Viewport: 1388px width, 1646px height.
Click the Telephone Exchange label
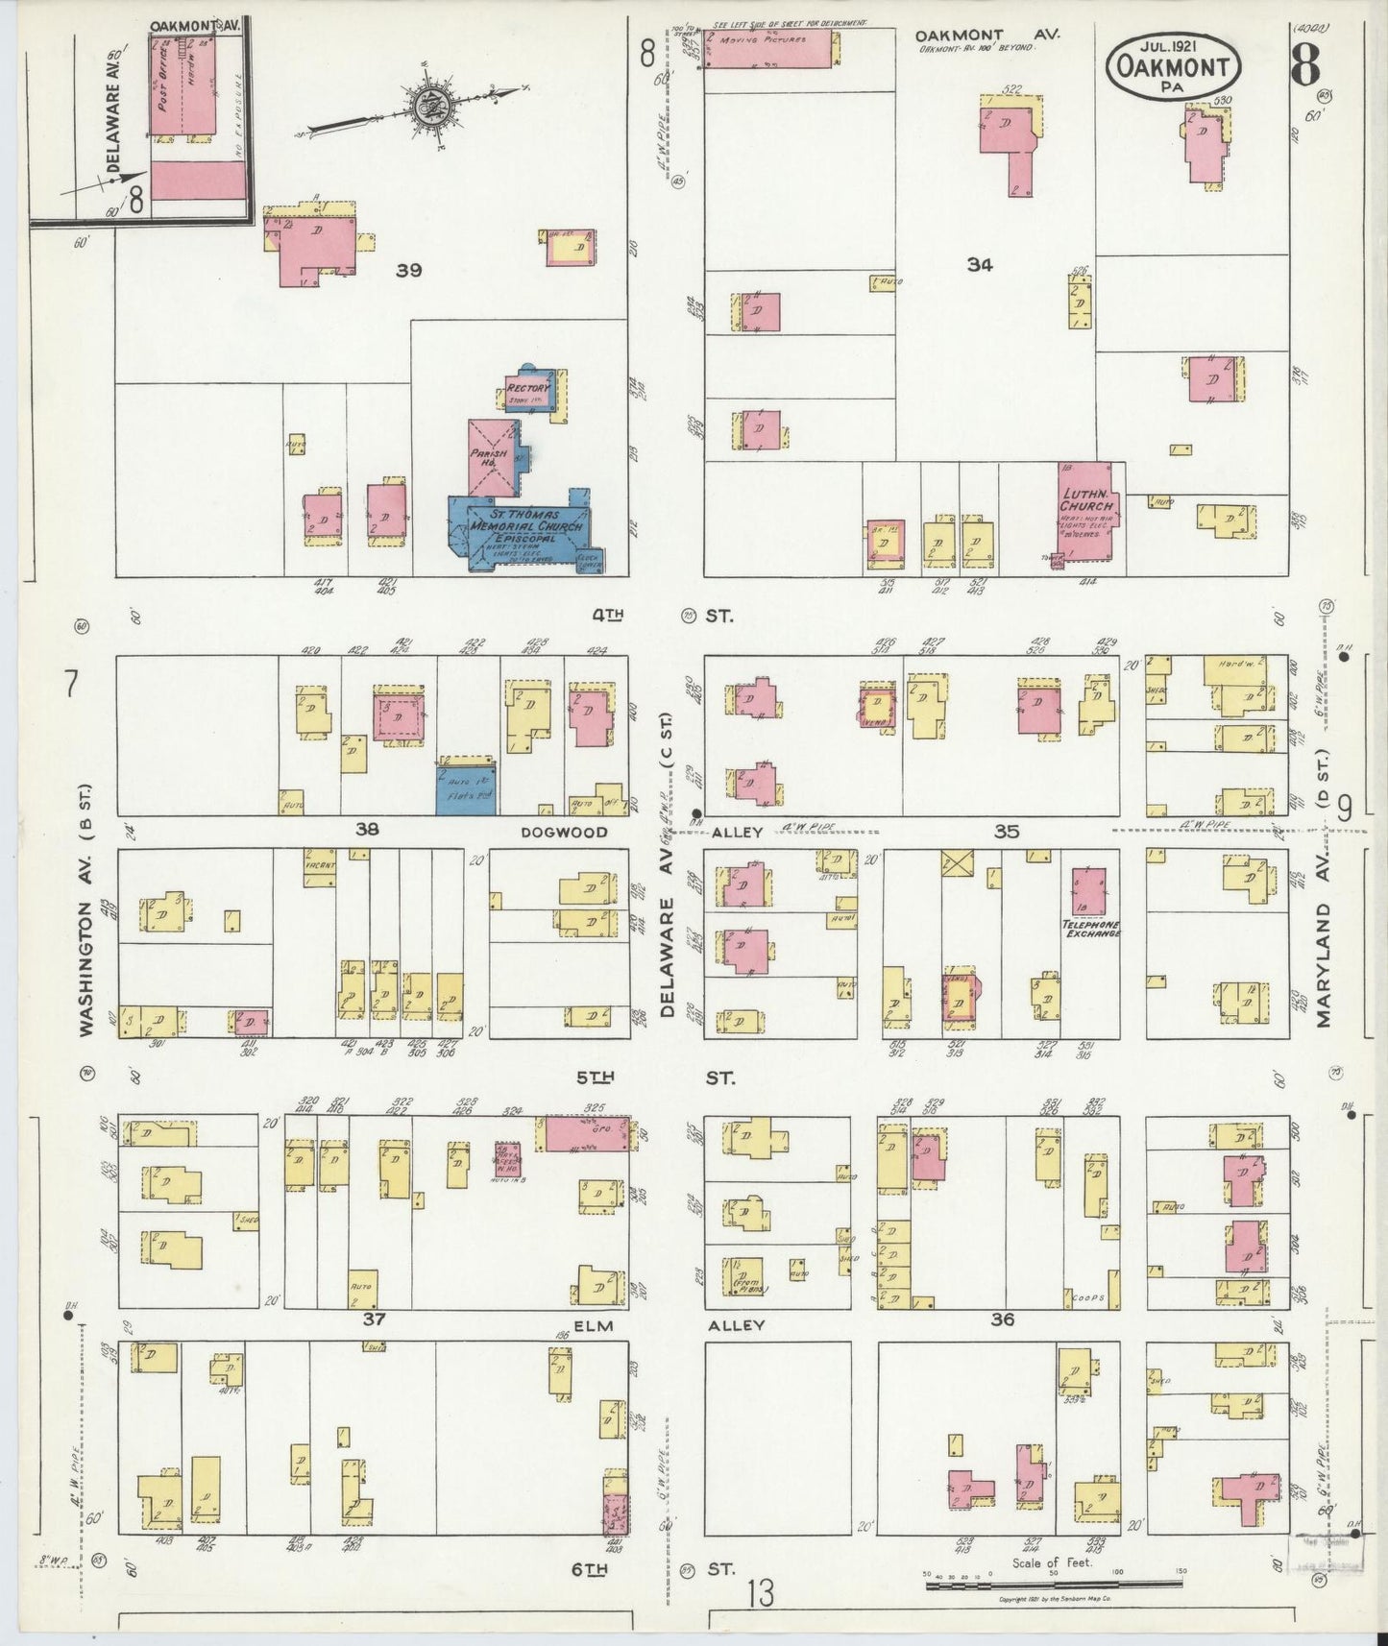click(x=1090, y=927)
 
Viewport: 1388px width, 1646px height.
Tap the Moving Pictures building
click(x=768, y=48)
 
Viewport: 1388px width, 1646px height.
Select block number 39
click(x=409, y=271)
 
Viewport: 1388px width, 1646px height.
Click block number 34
click(x=979, y=265)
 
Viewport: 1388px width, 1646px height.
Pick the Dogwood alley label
click(x=564, y=832)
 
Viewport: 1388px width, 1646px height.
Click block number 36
click(x=1002, y=1320)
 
